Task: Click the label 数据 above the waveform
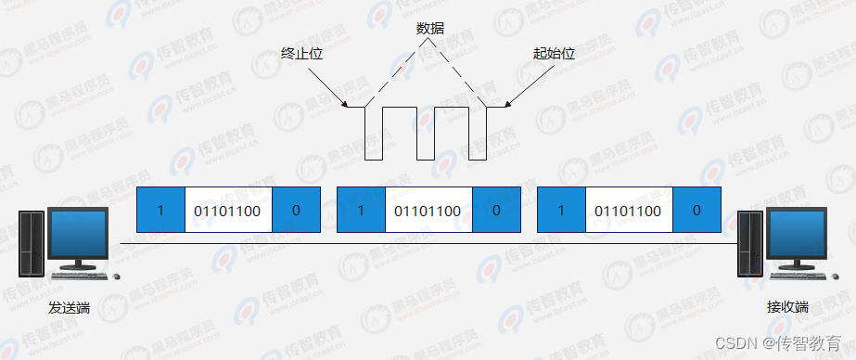coord(430,29)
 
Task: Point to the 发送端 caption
coord(70,307)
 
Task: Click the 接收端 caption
coord(788,307)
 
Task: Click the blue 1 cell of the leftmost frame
coord(160,211)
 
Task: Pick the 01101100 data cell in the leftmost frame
coord(227,211)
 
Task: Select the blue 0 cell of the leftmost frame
coord(296,211)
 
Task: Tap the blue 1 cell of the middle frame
coord(361,211)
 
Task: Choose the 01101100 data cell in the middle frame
coord(428,211)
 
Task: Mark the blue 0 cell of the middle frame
coord(496,211)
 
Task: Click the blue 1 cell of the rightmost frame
coord(561,211)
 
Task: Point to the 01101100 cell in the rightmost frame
coord(629,211)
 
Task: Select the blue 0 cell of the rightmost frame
coord(696,211)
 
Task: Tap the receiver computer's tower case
coord(748,243)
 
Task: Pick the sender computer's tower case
coord(32,243)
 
